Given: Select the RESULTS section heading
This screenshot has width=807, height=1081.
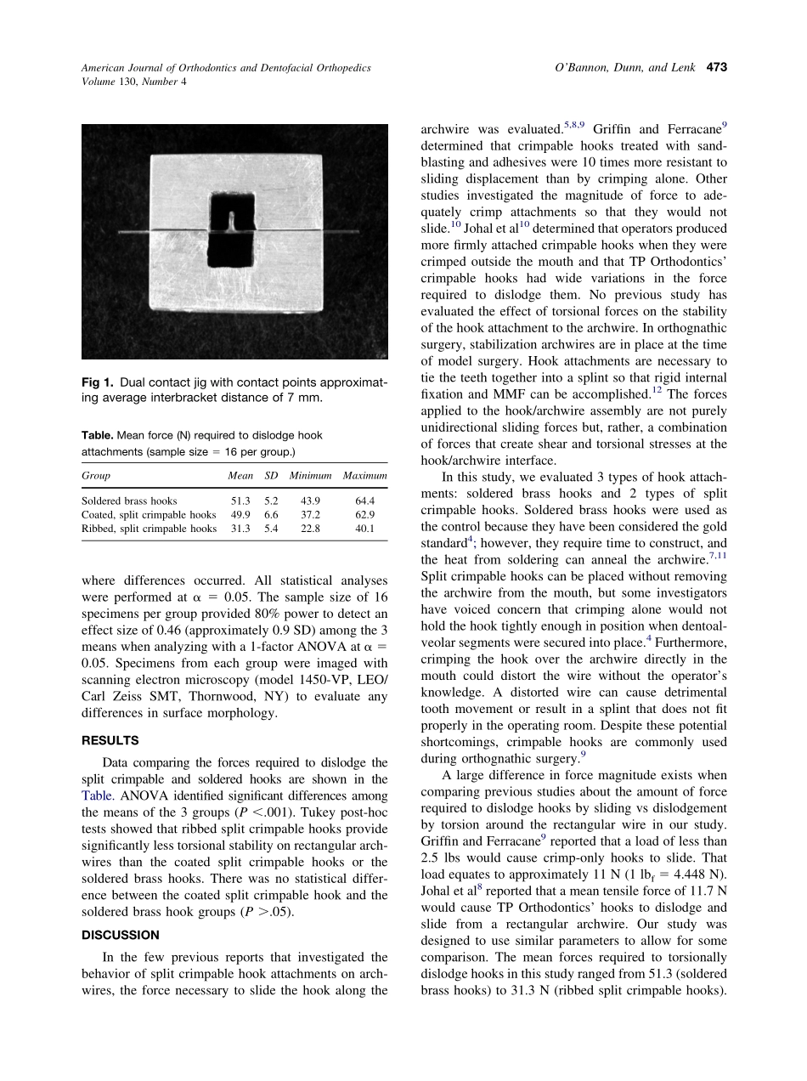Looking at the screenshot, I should (110, 740).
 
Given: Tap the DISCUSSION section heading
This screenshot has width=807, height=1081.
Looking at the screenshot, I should (121, 935).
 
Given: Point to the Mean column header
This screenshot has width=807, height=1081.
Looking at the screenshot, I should (240, 476).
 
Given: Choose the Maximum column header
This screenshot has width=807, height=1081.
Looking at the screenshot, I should (365, 476).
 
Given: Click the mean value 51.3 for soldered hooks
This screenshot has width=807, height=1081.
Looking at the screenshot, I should (240, 501).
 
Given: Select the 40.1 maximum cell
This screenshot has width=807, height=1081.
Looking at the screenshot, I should (365, 529).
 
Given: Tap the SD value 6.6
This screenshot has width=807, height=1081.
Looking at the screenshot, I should (271, 515).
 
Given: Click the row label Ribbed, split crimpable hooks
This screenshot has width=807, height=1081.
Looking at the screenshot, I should (149, 529).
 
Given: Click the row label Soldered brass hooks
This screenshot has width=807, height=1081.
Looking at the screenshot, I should (129, 501).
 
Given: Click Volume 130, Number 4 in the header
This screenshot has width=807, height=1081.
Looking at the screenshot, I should (133, 82).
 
